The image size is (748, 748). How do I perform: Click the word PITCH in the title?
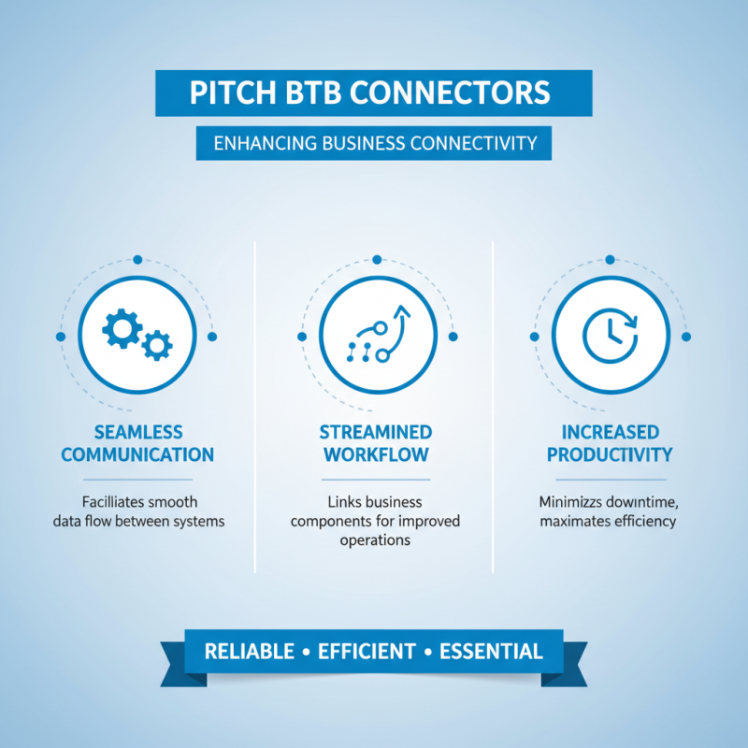(230, 93)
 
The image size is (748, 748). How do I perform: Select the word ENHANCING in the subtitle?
(262, 143)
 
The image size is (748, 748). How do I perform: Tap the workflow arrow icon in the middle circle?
(377, 335)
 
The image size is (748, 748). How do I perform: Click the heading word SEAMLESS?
(138, 432)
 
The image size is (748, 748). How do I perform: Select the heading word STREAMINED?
(376, 432)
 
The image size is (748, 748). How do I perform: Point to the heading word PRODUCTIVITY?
(610, 455)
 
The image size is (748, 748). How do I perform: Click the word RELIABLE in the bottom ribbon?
(249, 652)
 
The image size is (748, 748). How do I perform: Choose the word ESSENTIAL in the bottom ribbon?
(493, 652)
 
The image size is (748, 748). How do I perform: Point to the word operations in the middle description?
(375, 539)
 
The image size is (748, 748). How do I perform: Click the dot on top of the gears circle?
(137, 259)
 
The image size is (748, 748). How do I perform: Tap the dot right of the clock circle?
(685, 336)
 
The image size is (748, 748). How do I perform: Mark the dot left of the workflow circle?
(302, 336)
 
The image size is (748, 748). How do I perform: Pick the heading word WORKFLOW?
(376, 455)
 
